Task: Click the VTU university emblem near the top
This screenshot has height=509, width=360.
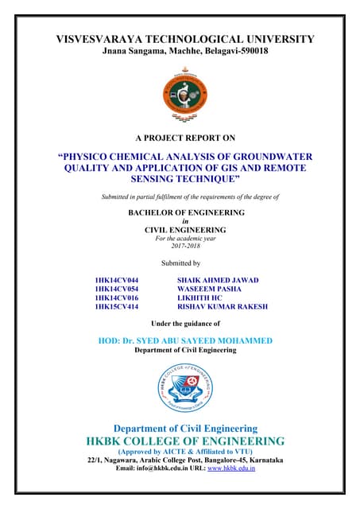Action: point(180,91)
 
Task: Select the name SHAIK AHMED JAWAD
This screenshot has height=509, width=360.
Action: point(222,281)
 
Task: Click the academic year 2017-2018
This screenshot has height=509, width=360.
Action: point(180,246)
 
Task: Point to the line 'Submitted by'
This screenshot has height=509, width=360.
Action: point(180,262)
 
